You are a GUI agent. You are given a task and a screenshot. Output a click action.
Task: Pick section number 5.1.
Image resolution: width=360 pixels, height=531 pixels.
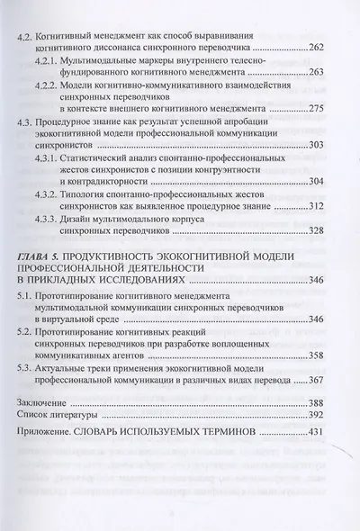click(28, 294)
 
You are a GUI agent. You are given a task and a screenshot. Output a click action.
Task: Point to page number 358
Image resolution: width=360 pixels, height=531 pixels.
click(321, 355)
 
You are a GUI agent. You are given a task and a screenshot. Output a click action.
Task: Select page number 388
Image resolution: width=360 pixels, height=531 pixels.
click(321, 402)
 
